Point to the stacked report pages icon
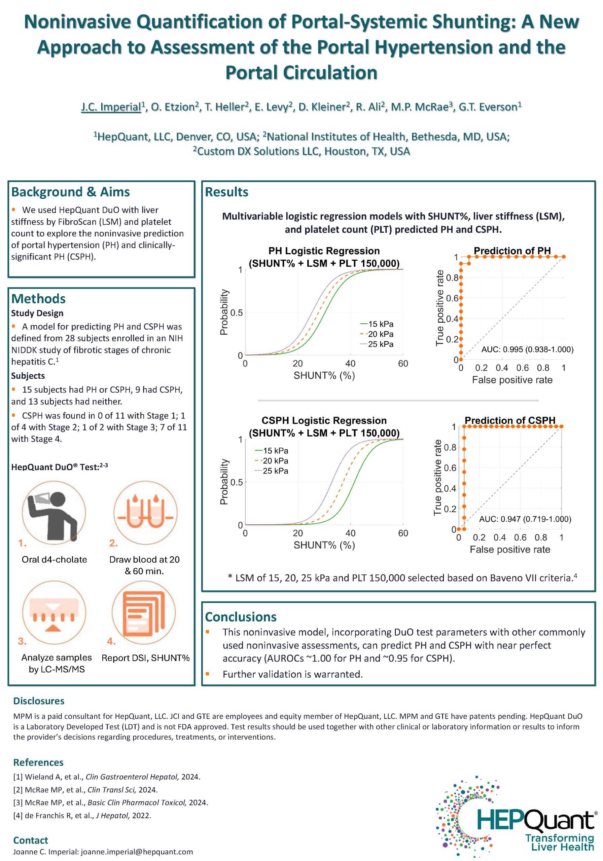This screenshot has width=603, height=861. pyautogui.click(x=143, y=612)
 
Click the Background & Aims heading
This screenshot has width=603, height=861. pyautogui.click(x=71, y=192)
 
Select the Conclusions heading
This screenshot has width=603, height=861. pyautogui.click(x=241, y=617)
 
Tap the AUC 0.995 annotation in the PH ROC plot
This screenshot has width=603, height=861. pyautogui.click(x=527, y=349)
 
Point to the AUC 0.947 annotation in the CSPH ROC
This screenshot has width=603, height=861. pyautogui.click(x=525, y=519)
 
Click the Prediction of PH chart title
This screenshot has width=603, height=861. pyautogui.click(x=512, y=251)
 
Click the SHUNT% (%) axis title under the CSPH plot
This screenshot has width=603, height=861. pyautogui.click(x=324, y=545)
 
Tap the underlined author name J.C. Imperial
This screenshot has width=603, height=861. pyautogui.click(x=111, y=107)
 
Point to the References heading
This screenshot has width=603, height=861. pyautogui.click(x=38, y=762)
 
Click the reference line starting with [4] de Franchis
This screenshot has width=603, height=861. pyautogui.click(x=82, y=815)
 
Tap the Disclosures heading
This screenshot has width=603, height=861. pyautogui.click(x=39, y=701)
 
